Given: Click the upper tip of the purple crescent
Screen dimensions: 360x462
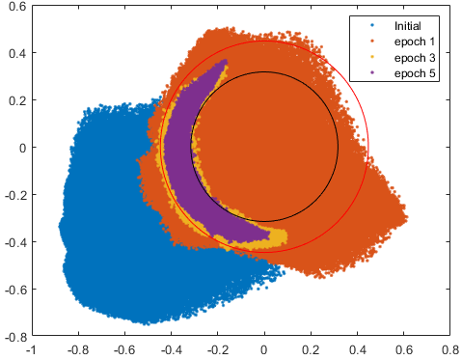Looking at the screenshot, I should [x=225, y=61].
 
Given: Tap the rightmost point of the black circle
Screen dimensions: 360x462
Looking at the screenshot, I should [x=339, y=147].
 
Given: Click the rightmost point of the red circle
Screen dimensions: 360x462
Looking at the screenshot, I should [x=368, y=147].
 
